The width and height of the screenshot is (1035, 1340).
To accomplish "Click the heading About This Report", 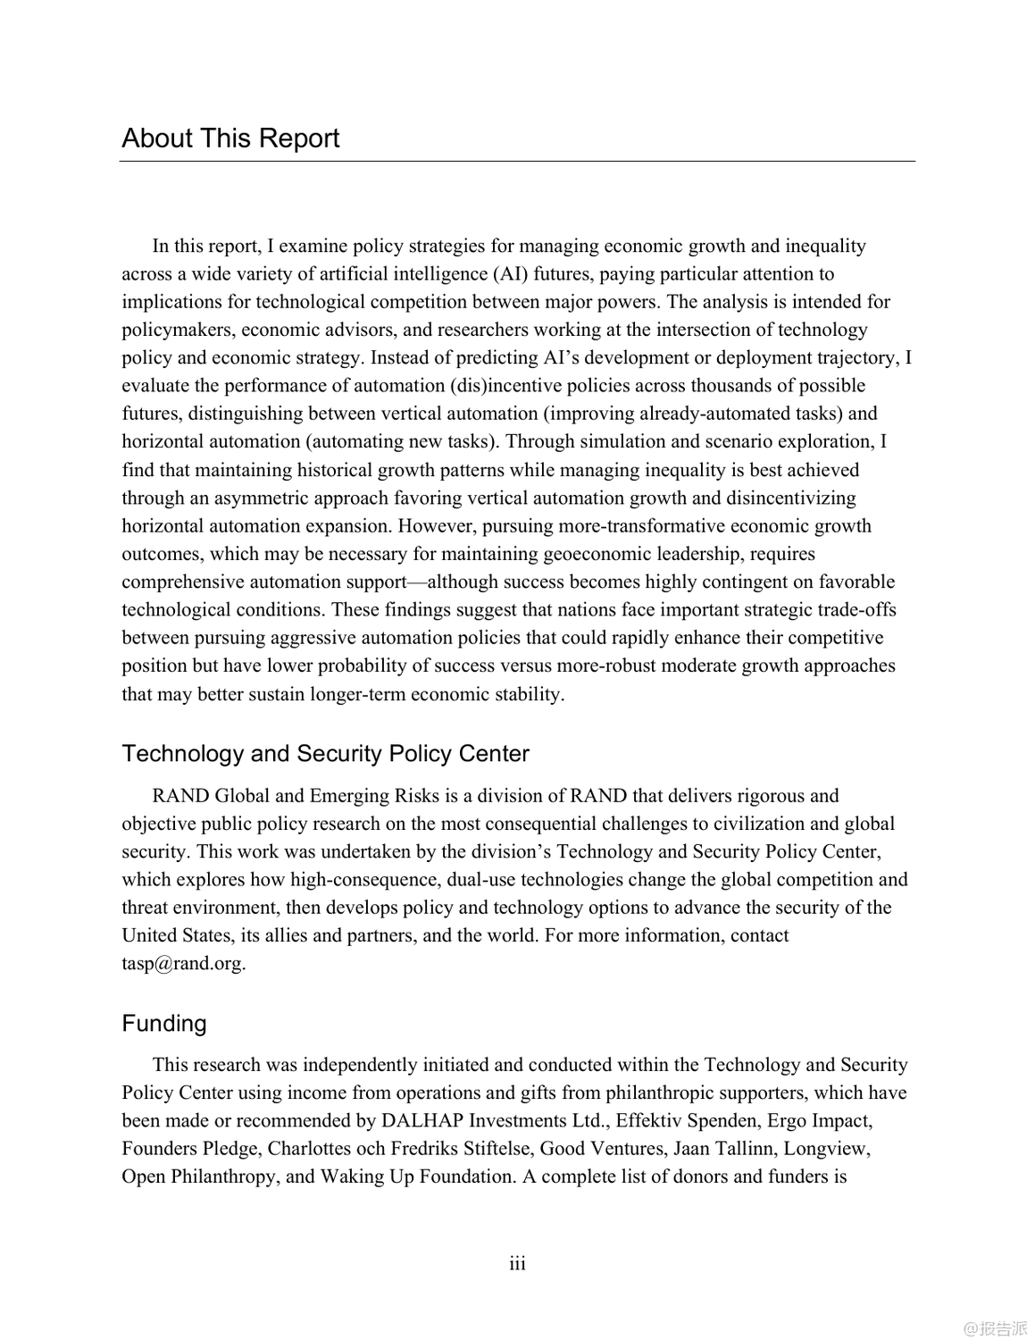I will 230,138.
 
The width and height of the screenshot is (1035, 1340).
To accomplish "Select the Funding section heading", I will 164,1024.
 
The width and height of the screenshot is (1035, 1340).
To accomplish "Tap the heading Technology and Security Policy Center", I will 325,754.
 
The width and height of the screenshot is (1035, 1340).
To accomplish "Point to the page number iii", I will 518,1264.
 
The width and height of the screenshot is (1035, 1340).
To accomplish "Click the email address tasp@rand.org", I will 183,964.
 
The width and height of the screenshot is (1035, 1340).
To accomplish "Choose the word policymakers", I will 177,330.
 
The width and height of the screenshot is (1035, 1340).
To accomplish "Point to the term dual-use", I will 481,880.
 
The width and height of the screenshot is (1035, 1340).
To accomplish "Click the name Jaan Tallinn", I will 722,1149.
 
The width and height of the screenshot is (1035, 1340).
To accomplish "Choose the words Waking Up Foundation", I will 416,1177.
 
